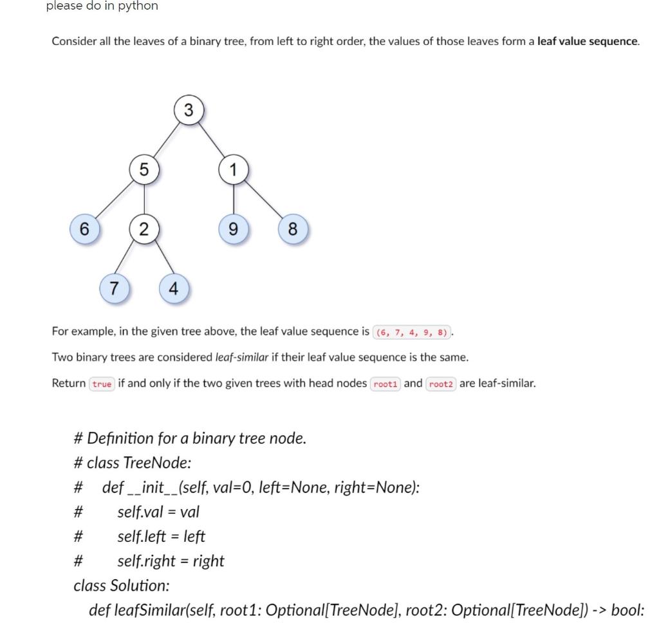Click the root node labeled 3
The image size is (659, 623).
(188, 110)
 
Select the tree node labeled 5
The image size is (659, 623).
(144, 169)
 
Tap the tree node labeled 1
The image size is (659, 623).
(234, 169)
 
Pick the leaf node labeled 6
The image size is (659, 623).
(84, 228)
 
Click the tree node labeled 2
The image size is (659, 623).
(144, 228)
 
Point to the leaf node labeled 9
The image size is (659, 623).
(234, 228)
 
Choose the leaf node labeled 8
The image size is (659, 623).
(293, 228)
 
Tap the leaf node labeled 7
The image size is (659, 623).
(115, 288)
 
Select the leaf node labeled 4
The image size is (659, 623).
(174, 288)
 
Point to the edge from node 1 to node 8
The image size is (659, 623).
(263, 199)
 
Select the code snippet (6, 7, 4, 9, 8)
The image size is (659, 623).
(413, 332)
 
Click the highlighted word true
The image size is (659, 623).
(102, 384)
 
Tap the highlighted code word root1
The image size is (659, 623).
(385, 384)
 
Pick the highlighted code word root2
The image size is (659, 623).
(441, 384)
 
